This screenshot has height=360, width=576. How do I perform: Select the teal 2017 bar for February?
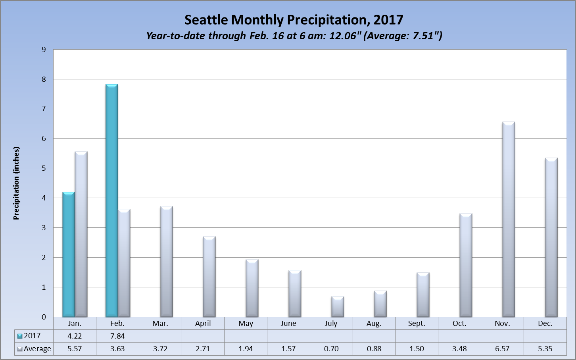(111, 200)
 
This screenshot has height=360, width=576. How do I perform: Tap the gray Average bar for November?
(509, 219)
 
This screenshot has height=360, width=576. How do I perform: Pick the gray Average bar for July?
(338, 306)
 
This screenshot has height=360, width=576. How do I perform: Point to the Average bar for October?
(466, 265)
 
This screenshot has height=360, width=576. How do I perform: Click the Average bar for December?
(551, 237)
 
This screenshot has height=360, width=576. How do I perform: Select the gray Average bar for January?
(81, 234)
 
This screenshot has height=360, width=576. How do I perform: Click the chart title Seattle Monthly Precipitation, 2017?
(294, 20)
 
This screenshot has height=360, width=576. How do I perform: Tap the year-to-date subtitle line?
(294, 36)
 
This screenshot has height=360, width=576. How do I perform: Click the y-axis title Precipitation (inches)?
(16, 183)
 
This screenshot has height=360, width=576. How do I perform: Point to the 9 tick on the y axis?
(44, 50)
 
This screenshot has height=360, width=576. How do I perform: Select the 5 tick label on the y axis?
(44, 168)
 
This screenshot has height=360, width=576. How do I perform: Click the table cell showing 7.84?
(117, 336)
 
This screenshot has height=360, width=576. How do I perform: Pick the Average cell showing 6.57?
(502, 349)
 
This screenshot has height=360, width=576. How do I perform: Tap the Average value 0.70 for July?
(331, 349)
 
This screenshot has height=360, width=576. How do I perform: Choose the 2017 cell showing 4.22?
(75, 336)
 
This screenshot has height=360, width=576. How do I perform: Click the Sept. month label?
(417, 323)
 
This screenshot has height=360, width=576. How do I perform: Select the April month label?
(203, 323)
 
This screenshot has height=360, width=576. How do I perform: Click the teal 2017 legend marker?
(20, 336)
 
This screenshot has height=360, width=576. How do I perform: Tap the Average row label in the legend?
(37, 349)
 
